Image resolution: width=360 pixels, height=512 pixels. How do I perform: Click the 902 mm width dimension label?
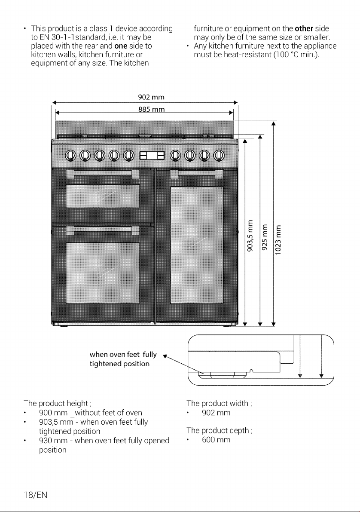[151, 97]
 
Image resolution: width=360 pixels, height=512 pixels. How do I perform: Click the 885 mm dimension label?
[152, 109]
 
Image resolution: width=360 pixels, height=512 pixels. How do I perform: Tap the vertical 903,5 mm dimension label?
[250, 236]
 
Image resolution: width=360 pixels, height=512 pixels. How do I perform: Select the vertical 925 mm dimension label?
[265, 237]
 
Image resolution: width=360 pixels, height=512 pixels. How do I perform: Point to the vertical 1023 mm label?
[278, 240]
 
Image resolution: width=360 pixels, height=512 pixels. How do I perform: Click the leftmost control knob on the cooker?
[71, 156]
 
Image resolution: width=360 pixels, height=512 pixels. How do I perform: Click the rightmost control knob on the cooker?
[219, 156]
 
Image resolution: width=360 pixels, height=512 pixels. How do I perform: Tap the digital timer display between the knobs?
[152, 156]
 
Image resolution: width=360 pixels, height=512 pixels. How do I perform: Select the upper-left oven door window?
[103, 196]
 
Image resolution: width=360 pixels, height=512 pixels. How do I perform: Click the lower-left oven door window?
[103, 273]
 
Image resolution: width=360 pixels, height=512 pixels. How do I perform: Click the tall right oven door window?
[197, 245]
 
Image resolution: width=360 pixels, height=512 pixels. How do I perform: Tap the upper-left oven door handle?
[103, 173]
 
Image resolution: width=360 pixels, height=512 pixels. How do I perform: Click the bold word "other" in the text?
[304, 28]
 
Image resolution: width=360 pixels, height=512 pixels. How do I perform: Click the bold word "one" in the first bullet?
[121, 46]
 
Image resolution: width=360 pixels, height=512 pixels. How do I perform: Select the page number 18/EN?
[36, 495]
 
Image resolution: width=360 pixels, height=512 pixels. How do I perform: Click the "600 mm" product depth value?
[216, 440]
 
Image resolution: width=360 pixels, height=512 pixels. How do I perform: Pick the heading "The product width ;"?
[220, 404]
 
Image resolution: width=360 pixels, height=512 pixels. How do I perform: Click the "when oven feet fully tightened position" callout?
[123, 359]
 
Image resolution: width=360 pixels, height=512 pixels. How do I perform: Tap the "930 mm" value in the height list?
[53, 441]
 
